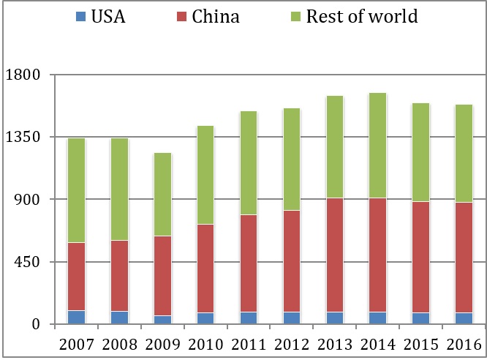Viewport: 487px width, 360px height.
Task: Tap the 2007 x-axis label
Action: coord(77,343)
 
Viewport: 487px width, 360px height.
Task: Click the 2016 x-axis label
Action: coord(464,343)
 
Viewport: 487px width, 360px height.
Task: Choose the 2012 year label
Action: coord(292,343)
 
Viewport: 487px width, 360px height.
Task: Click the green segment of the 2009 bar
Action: coord(162,194)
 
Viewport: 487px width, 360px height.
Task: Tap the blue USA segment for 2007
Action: coord(77,317)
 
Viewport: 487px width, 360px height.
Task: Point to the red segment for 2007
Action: coord(77,277)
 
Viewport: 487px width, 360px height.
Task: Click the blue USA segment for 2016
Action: coord(464,318)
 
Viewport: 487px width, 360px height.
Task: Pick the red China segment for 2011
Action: coord(249,263)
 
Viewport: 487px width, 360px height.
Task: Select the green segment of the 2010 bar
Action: coord(205,175)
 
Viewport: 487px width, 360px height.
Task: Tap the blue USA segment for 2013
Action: coord(335,318)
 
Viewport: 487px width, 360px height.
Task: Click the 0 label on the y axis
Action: coord(35,325)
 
